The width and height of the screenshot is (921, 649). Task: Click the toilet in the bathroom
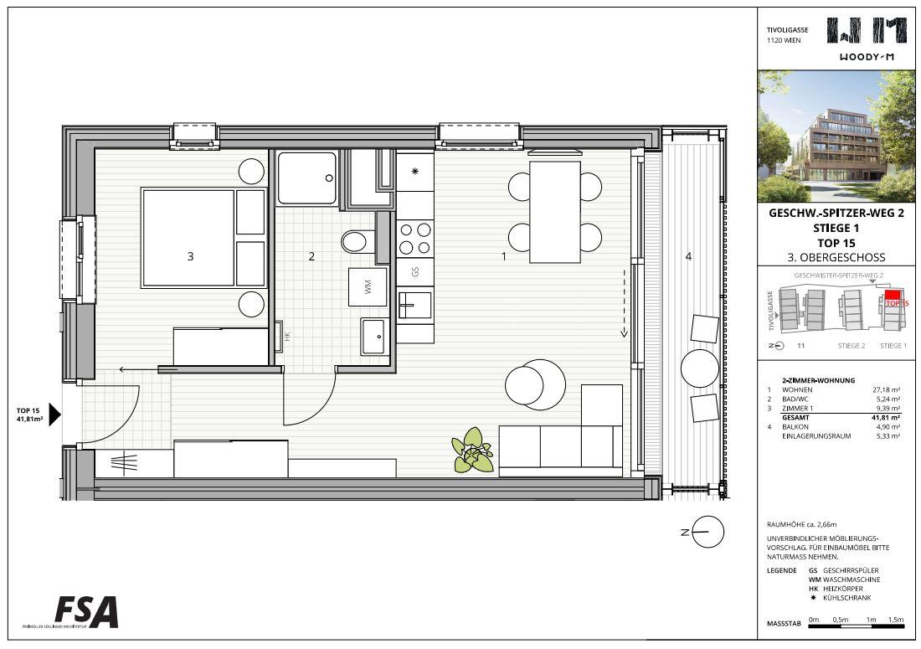click(x=356, y=242)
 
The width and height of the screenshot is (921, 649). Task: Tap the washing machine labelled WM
click(x=368, y=288)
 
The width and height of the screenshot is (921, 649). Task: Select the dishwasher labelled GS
click(x=414, y=271)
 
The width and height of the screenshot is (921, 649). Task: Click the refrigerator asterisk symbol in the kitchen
click(x=414, y=172)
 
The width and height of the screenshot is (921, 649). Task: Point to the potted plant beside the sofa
click(x=473, y=450)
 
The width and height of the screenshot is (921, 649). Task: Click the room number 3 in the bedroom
click(x=191, y=257)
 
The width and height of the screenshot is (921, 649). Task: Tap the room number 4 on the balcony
click(x=688, y=257)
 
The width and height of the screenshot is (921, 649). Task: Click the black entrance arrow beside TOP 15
click(x=55, y=415)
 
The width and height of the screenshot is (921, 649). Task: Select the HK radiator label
click(x=286, y=337)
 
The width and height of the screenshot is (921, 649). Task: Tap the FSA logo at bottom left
click(x=86, y=611)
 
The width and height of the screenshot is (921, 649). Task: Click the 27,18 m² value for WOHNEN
click(x=885, y=389)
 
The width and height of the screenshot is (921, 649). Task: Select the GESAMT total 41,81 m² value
click(x=885, y=417)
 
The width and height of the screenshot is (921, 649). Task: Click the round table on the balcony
click(x=699, y=367)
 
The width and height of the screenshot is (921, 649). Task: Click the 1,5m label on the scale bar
click(x=896, y=619)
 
